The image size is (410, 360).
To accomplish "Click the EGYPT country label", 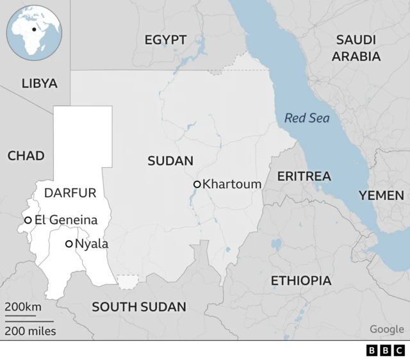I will point(165,40).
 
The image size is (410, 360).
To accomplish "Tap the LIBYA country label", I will point(40,83).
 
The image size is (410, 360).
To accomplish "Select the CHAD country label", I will point(26,156).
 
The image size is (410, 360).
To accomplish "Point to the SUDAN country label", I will point(170,161).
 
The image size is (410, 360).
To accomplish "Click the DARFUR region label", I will point(70,193).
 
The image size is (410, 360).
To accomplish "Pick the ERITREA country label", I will point(304,176).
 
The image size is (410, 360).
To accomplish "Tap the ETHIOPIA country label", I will point(301,281).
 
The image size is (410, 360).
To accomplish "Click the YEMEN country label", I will point(381,195).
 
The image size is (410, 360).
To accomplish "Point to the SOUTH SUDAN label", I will point(139,307).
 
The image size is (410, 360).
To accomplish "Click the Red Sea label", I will point(307,118).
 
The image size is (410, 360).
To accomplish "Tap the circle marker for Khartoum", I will point(197,184).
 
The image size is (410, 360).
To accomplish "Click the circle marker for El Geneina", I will point(28,220).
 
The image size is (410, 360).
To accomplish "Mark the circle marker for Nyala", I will point(69,244).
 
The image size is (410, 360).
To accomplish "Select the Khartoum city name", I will point(232,184).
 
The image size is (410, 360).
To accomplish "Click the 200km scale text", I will point(23,307).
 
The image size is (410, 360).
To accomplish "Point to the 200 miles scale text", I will point(31,331).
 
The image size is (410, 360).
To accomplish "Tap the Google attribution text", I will point(386,329).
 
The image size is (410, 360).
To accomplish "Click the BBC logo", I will point(385,350).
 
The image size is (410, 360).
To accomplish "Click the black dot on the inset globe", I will point(34,29).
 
